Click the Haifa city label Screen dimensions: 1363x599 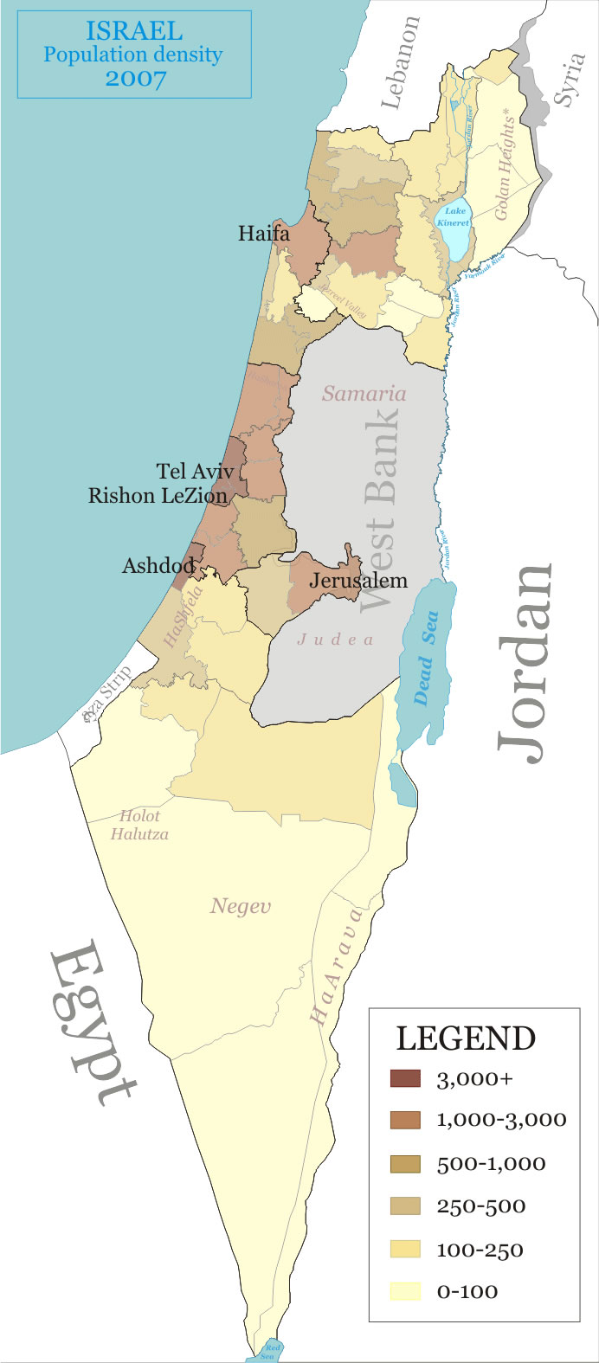[264, 233]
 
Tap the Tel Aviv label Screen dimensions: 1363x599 [195, 472]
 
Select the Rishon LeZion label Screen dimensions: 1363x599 [158, 496]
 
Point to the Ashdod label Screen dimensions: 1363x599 [158, 566]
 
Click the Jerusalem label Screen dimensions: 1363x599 [357, 580]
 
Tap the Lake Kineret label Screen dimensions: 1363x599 [454, 216]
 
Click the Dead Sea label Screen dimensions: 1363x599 [426, 658]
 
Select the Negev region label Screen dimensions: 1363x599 [241, 906]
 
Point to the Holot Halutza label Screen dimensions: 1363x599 [139, 825]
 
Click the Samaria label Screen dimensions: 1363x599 [364, 394]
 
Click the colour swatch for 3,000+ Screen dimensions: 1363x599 [405, 1078]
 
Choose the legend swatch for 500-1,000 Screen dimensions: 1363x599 [405, 1164]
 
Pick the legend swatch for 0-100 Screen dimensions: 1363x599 [405, 1291]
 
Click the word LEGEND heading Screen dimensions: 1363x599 [466, 1038]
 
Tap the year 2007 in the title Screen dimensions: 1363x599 [134, 78]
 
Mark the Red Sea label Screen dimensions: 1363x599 [273, 1351]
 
